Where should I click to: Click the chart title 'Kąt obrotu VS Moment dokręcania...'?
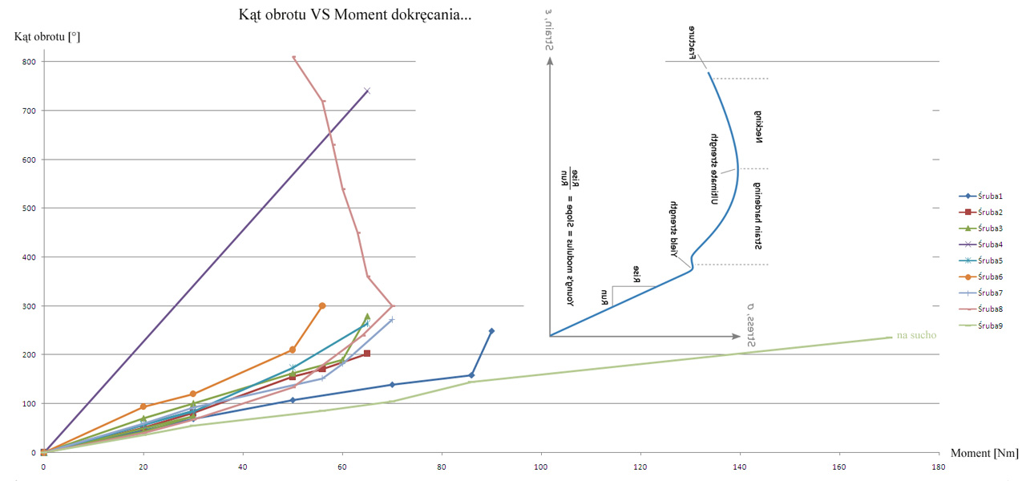coord(355,14)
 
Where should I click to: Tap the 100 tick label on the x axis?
coord(541,465)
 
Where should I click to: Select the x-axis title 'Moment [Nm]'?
coord(984,453)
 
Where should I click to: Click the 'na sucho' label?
coord(917,334)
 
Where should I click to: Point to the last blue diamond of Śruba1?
coord(491,330)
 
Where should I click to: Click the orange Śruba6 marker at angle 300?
coord(322,305)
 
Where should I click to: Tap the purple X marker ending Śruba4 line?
coord(367,91)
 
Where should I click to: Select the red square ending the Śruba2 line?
coord(367,354)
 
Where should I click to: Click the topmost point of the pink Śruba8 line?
coord(293,57)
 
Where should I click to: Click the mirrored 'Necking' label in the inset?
coord(758,126)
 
